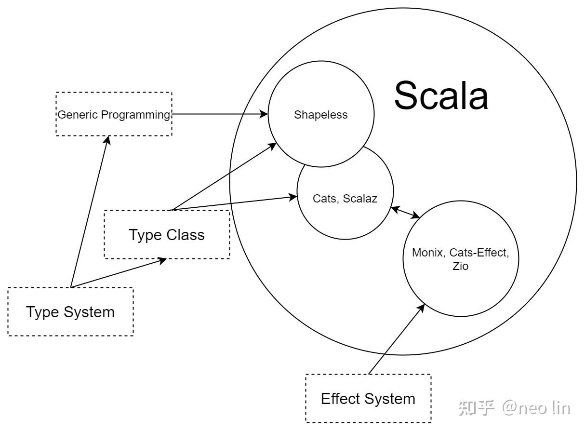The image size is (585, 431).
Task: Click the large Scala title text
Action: tap(441, 95)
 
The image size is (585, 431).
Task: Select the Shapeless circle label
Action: tap(321, 115)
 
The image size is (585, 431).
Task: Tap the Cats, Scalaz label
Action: tap(345, 198)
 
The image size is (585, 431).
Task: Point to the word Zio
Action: tap(460, 266)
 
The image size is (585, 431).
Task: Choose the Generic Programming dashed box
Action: tap(114, 114)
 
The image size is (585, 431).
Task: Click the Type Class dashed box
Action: tap(167, 235)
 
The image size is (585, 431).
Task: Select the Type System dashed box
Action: tap(70, 312)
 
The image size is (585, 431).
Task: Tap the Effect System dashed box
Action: tap(368, 399)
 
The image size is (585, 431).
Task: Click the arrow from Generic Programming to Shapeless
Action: tap(219, 114)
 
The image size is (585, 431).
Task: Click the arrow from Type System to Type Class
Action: tap(118, 273)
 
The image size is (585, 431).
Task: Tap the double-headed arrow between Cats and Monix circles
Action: tap(405, 213)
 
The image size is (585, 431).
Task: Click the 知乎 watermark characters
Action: tap(477, 408)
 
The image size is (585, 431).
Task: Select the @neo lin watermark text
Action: tap(536, 408)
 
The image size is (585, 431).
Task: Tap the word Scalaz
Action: tap(360, 198)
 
